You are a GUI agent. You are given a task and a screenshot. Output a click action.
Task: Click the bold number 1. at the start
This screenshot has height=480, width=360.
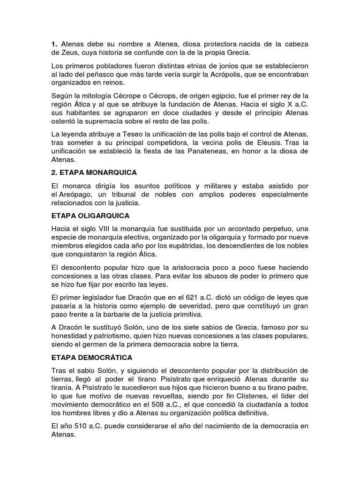[54, 44]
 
